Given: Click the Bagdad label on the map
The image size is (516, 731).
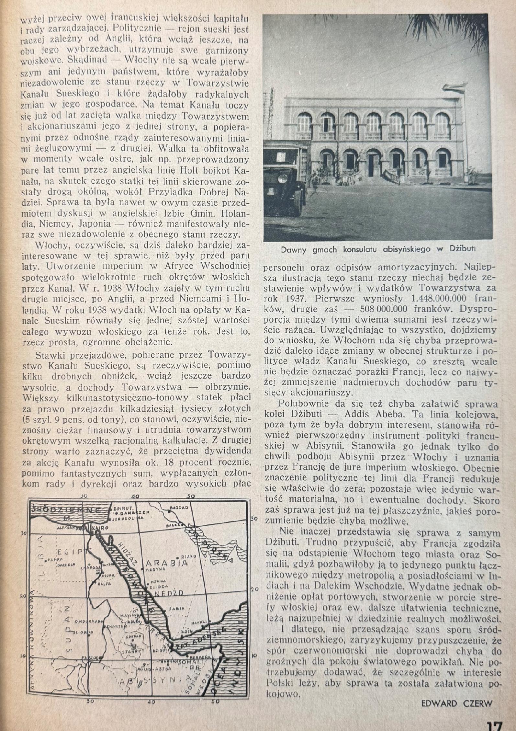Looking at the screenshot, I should click(x=179, y=508).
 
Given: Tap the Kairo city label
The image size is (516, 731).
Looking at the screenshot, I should click(x=100, y=528).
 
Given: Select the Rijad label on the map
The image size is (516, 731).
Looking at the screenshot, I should click(x=190, y=556).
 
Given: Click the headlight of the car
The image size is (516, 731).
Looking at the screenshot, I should click(x=283, y=178).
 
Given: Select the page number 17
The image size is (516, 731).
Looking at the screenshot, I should click(x=493, y=724).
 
